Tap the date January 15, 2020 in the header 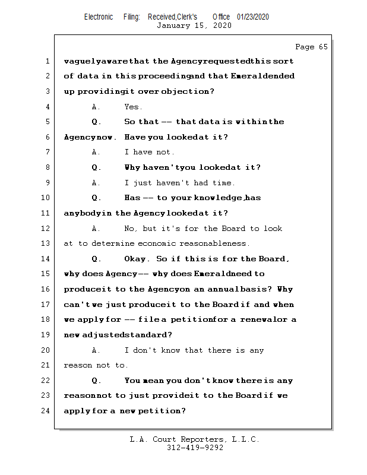194,26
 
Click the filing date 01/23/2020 253,17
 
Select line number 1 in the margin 47,61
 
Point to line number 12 46,229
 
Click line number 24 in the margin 46,410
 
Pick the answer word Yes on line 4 133,107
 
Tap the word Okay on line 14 137,259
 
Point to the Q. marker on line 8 97,167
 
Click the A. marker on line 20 96,350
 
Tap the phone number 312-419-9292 194,448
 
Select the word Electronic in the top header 99,17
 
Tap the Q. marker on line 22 97,381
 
